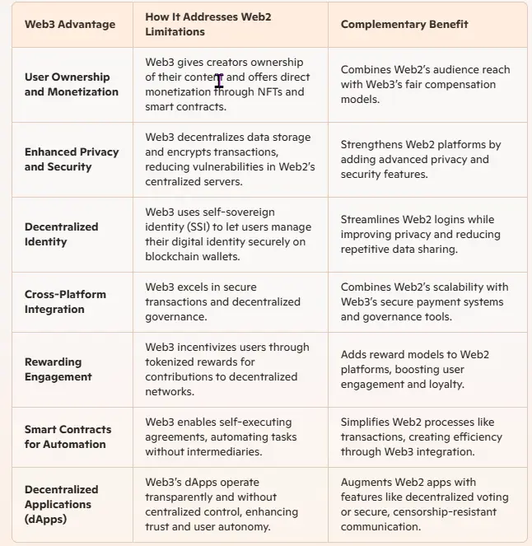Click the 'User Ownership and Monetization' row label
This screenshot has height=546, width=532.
click(x=71, y=84)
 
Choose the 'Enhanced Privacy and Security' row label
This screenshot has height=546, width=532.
click(x=71, y=159)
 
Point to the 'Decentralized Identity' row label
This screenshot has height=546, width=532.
click(x=61, y=234)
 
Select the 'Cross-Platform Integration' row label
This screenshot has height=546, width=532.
click(x=65, y=301)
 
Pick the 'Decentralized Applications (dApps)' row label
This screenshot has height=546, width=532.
click(x=61, y=504)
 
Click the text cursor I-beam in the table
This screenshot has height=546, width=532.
click(x=219, y=80)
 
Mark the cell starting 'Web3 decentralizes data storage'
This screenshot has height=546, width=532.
click(x=227, y=159)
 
